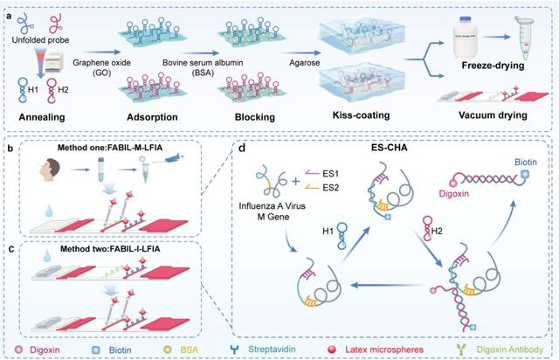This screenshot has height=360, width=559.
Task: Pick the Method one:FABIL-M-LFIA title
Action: [x=114, y=145]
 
